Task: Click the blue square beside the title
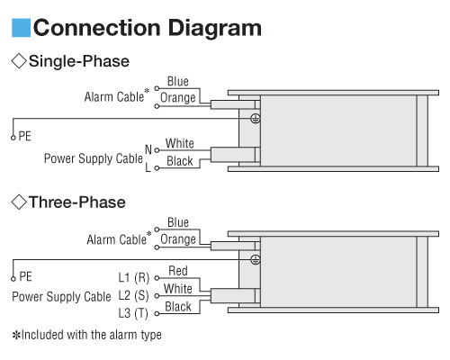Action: pos(21,28)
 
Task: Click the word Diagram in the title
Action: pos(215,28)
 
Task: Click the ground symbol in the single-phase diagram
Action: pos(256,119)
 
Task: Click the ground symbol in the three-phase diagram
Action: pos(256,259)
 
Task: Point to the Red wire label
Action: pos(178,271)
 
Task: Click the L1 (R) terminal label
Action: pos(134,277)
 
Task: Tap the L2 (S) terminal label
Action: pos(133,295)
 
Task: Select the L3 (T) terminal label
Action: pos(133,313)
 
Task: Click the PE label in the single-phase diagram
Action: pos(25,136)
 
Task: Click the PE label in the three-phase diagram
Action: pos(25,276)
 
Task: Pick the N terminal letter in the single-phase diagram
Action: pos(148,149)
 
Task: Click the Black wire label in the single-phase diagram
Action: pos(180,161)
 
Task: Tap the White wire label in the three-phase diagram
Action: pos(178,289)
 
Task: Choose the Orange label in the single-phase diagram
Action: pos(178,98)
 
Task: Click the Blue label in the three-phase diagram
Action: pos(178,222)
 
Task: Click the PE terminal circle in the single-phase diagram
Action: pos(13,138)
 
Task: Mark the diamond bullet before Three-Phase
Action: pos(19,202)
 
